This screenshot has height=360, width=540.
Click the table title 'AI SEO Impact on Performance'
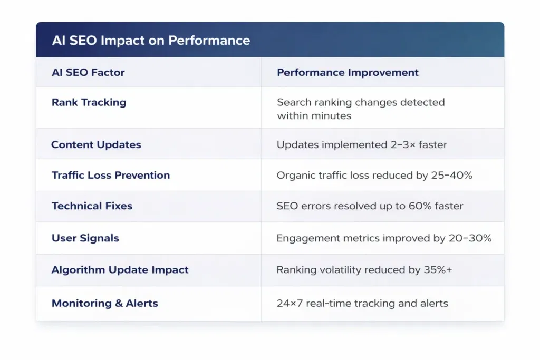coord(151,41)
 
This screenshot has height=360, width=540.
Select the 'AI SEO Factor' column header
coord(88,73)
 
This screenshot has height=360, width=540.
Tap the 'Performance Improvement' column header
coord(348,73)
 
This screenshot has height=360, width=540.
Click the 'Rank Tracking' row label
coord(89,102)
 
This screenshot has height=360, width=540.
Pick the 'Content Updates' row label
coord(96,144)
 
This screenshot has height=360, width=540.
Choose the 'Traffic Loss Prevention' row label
coord(111,175)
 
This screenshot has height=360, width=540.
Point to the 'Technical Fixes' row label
coord(92,206)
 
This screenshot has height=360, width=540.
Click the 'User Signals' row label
coord(85,238)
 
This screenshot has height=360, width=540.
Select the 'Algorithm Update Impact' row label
coord(120,270)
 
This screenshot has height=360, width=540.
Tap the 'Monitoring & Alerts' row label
coord(104,303)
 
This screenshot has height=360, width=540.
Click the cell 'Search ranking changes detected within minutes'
coord(361,109)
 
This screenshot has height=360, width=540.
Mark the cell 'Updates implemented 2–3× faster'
coord(362,144)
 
